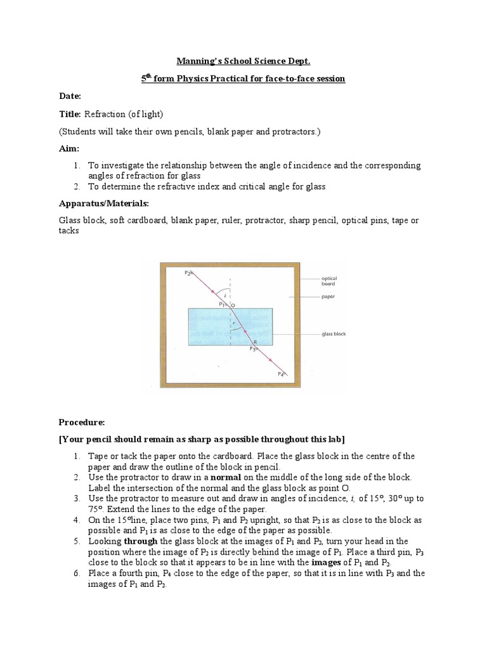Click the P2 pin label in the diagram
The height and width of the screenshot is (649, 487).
coord(187,273)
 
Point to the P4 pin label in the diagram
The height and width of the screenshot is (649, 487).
coord(281,375)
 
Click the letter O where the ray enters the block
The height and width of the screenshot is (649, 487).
coord(232,305)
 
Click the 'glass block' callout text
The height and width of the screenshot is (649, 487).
coord(334,334)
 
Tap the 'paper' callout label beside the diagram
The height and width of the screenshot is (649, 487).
coord(328,296)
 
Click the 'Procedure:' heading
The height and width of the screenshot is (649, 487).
coord(82,422)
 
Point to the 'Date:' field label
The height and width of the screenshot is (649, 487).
coord(70,96)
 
